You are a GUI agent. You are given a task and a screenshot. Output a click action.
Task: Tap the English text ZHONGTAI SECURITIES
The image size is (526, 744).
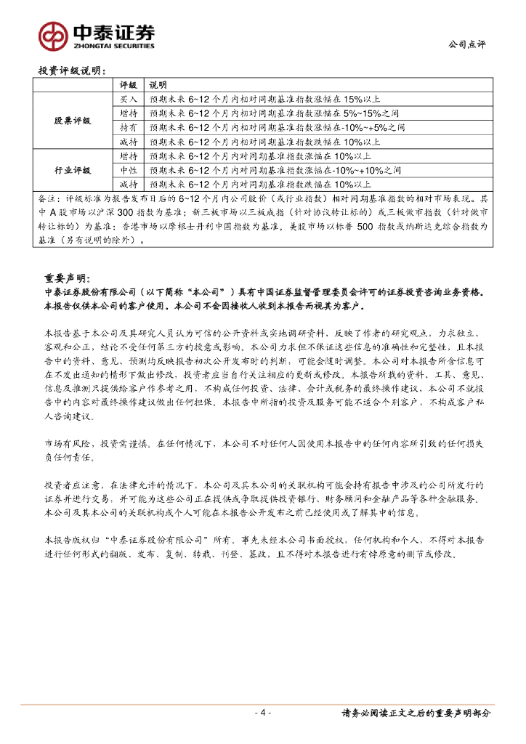coord(113,46)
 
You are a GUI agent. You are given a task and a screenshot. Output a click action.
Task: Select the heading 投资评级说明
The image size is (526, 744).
coord(72,71)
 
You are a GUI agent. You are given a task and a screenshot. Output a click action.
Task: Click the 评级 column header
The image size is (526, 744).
coord(128,85)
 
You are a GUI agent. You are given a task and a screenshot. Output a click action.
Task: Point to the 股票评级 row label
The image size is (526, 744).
coord(73,121)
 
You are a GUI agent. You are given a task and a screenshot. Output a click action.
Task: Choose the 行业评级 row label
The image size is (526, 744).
coord(73,170)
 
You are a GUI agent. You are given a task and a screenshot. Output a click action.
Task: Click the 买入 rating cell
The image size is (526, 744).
coord(128,99)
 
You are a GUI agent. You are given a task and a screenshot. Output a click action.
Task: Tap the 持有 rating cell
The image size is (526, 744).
coord(128,127)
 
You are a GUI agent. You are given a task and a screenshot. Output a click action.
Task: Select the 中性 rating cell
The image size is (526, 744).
coord(128,170)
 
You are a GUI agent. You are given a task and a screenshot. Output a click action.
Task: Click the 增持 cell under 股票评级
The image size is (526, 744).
coord(128,113)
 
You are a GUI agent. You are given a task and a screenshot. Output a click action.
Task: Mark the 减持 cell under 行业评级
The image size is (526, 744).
coord(128,184)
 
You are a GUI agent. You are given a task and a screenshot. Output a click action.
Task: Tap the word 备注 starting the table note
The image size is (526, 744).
coord(45,198)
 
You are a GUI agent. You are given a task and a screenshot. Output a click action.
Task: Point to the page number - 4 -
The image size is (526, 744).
coord(263,713)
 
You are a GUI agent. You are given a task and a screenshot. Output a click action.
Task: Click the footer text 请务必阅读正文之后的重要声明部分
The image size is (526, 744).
coord(416,713)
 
